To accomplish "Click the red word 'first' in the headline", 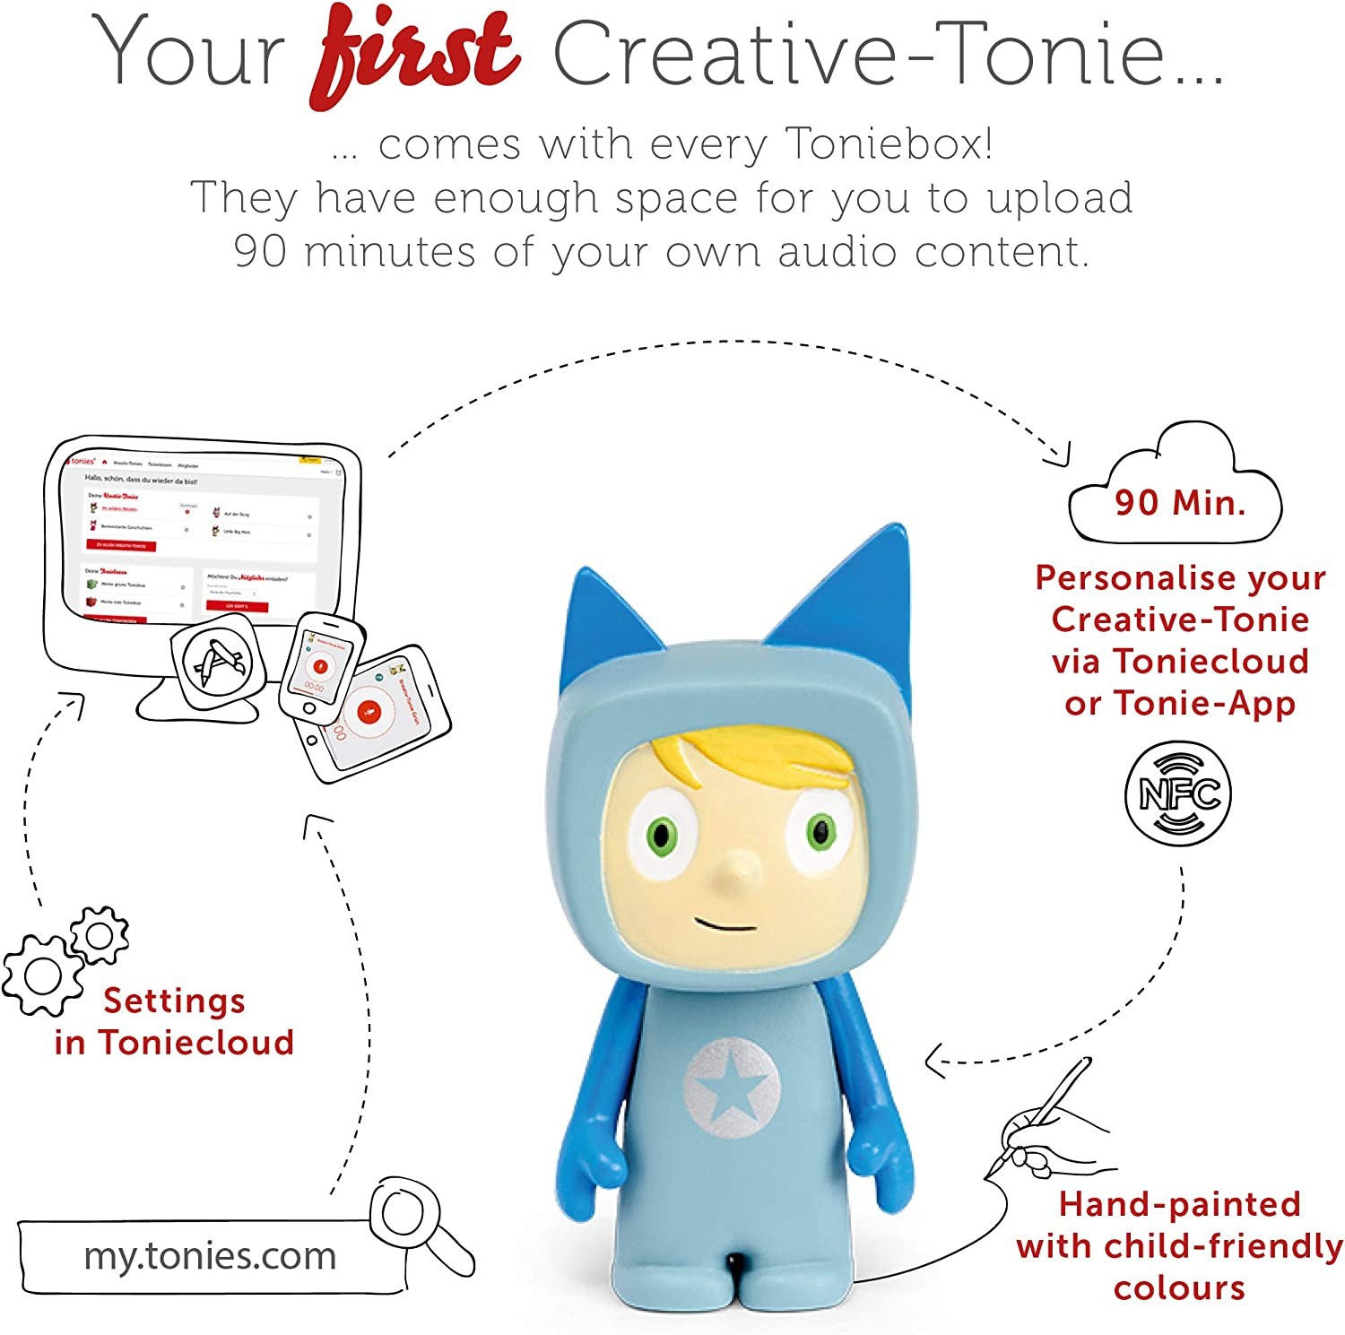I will (x=414, y=56).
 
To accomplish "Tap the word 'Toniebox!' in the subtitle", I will (x=888, y=143).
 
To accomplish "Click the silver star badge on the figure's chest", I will (x=732, y=1088).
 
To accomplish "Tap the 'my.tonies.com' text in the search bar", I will (x=210, y=1255).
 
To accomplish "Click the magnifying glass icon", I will (x=409, y=1216).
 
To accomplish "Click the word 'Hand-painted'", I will (x=1179, y=1204).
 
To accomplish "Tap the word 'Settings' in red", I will (x=174, y=1001).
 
